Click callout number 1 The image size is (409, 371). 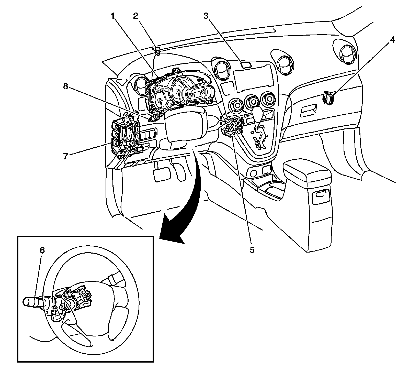113,16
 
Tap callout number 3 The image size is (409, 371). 206,16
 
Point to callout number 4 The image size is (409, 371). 392,40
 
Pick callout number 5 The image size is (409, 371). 252,250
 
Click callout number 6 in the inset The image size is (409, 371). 42,250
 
